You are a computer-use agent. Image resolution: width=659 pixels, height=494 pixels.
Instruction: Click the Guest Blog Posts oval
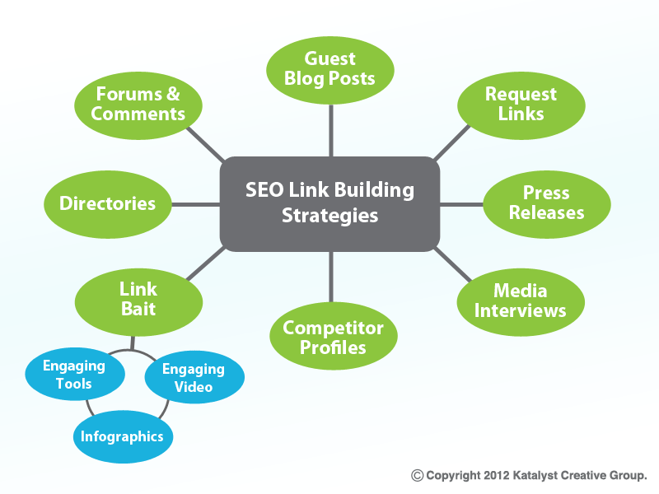click(329, 69)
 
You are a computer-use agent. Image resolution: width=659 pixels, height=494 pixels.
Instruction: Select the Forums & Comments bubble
click(138, 105)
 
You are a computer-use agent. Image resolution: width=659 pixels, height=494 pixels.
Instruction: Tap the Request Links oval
click(521, 105)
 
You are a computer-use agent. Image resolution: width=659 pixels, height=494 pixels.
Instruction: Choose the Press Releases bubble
click(546, 203)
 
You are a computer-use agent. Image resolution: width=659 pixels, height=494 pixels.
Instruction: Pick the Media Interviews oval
click(521, 301)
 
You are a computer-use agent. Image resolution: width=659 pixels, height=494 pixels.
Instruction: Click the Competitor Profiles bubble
click(333, 337)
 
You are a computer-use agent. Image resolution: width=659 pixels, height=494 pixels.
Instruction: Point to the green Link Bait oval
click(138, 300)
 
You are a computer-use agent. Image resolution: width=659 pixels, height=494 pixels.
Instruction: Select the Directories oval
click(108, 203)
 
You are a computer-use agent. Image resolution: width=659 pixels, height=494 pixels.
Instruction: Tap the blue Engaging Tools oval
click(75, 375)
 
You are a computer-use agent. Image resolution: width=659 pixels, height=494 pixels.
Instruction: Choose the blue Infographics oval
click(122, 436)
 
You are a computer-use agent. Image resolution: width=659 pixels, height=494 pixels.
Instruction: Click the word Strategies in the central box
click(329, 217)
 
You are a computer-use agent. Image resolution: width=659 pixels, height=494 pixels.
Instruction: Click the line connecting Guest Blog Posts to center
click(329, 131)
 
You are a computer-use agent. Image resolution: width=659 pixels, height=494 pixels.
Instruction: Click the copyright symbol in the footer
click(418, 475)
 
